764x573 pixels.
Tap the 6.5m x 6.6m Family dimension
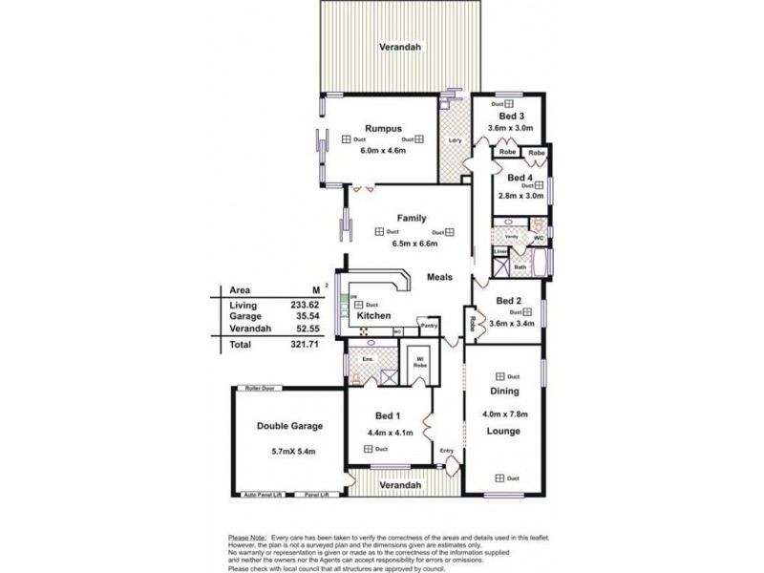(414, 244)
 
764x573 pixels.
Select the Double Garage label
(289, 426)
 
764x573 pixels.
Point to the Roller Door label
(260, 389)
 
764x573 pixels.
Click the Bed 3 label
(511, 116)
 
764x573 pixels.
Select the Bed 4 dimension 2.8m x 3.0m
(520, 196)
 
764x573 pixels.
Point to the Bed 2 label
(510, 300)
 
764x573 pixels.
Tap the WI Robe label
(419, 360)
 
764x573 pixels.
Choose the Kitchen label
(373, 316)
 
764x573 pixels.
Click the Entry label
(446, 452)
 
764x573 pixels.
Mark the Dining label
(504, 392)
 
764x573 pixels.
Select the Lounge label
(503, 432)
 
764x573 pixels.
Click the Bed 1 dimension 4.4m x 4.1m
(389, 433)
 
